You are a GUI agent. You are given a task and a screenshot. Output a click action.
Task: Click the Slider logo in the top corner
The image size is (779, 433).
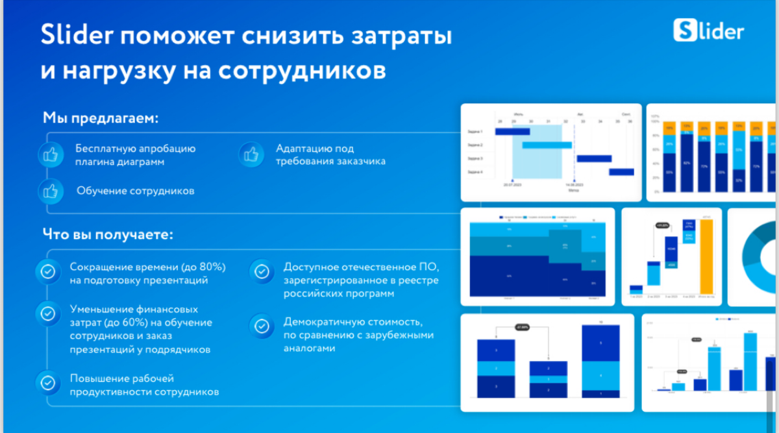[x=708, y=30]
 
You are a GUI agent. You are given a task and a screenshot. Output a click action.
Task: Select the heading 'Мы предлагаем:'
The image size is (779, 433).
[x=101, y=118]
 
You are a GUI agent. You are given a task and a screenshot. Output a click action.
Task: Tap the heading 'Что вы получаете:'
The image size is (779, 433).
[x=108, y=234]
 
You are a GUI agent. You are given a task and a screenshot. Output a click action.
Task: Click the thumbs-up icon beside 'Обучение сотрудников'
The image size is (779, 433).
[x=50, y=191]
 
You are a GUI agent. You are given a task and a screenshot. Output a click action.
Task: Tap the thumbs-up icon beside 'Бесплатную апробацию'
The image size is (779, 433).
[x=50, y=155]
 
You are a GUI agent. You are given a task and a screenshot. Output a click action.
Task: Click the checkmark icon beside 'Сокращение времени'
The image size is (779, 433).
[x=47, y=272]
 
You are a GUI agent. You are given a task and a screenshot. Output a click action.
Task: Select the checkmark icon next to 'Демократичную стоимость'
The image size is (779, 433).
[x=262, y=327]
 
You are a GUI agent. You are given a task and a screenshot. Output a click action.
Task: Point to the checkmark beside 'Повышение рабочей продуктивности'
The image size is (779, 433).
[x=47, y=380]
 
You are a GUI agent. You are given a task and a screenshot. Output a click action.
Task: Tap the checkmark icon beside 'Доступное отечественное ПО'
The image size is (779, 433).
[x=262, y=272]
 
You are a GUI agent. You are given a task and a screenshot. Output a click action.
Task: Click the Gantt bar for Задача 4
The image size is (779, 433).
[x=621, y=172]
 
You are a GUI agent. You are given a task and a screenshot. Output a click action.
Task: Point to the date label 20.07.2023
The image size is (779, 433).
[x=513, y=185]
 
